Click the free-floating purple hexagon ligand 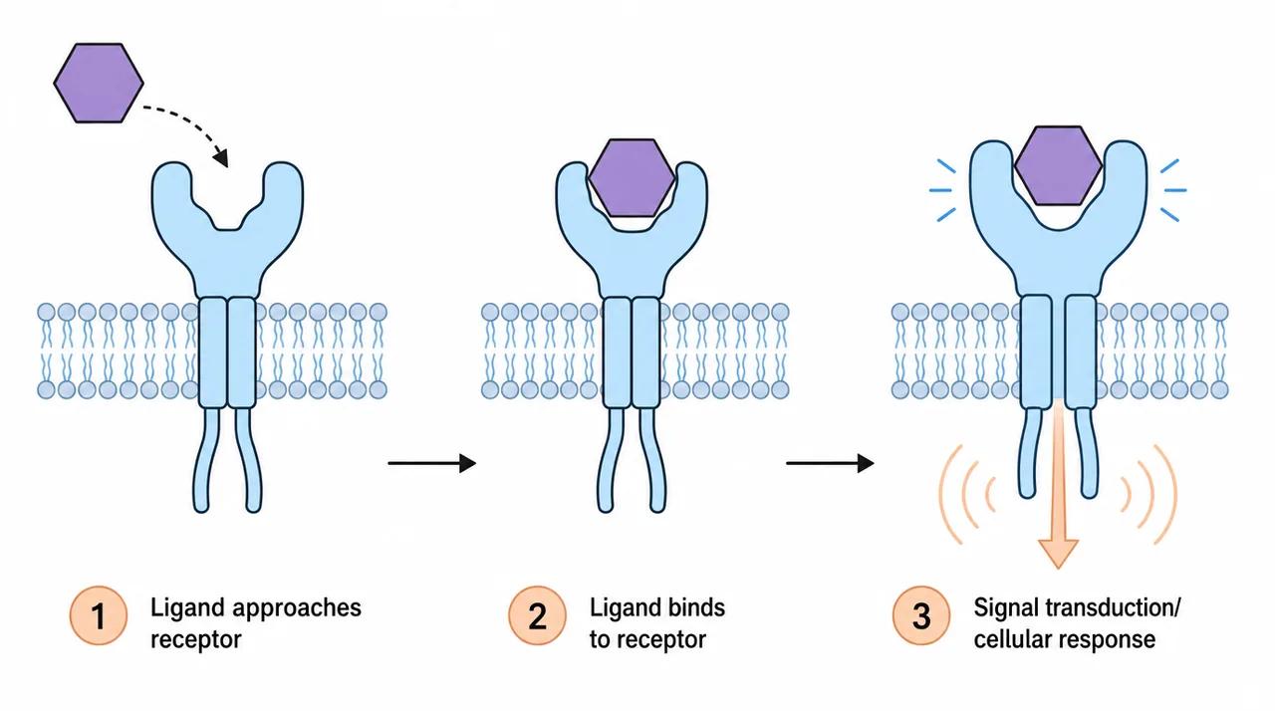[x=99, y=83]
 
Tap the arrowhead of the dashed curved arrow [x=221, y=158]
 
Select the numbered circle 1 [x=99, y=615]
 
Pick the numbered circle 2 [x=537, y=615]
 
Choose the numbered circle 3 [x=921, y=615]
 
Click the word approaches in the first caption [x=297, y=608]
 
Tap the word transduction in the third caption [x=1108, y=607]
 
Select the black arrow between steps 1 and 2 [x=432, y=464]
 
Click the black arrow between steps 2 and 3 [x=830, y=464]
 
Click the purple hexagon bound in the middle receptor [x=632, y=177]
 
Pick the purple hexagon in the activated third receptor [x=1058, y=165]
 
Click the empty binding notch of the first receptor [x=227, y=216]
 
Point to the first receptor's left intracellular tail [x=204, y=461]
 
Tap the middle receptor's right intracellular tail [x=653, y=461]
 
